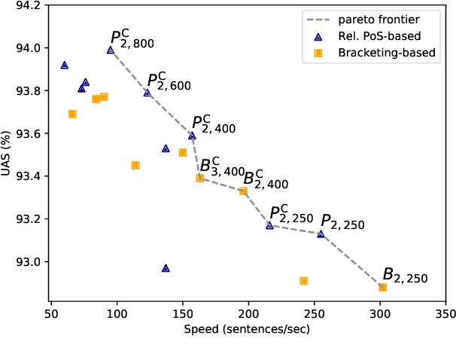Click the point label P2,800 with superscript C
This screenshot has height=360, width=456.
[132, 40]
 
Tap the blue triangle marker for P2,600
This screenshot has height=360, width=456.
[147, 93]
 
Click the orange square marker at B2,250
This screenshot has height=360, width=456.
[382, 287]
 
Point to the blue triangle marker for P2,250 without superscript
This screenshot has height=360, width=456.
[321, 234]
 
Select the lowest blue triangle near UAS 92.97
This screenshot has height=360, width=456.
[166, 268]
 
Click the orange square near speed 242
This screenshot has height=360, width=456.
[304, 281]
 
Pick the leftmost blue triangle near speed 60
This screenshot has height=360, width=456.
[64, 66]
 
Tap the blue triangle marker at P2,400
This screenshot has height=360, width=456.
[192, 136]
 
